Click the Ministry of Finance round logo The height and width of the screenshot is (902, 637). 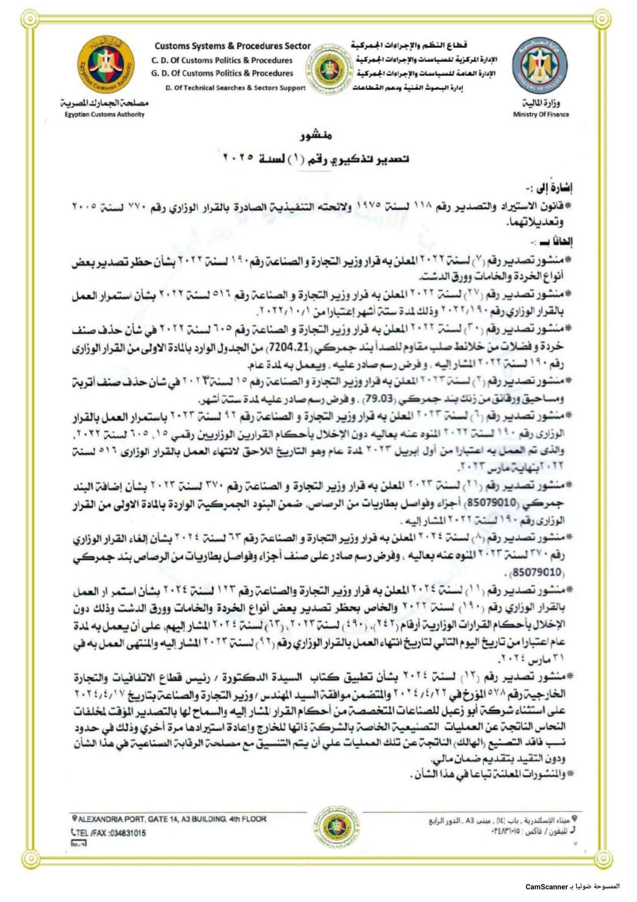tap(541, 67)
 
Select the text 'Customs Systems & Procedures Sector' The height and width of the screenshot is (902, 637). tap(233, 46)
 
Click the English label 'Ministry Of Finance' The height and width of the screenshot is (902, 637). tap(541, 114)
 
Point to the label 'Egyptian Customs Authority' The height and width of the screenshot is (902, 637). tap(104, 114)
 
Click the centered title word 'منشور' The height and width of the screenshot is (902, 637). tap(316, 136)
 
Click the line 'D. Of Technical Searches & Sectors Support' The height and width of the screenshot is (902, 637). tap(235, 88)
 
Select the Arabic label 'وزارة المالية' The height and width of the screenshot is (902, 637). tap(541, 103)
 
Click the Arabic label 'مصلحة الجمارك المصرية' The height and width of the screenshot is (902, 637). tap(104, 103)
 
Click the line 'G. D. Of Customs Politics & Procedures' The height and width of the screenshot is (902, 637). tap(222, 73)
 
